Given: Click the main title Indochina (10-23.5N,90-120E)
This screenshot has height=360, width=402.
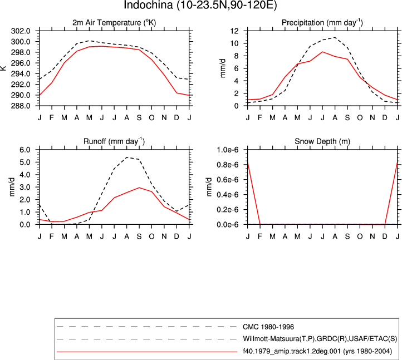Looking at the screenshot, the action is [200, 5].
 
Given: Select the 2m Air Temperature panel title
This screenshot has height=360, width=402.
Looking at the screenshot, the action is [114, 23].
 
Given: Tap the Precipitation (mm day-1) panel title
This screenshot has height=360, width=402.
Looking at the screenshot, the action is [322, 23].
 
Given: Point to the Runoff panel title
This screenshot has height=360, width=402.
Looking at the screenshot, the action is [114, 141].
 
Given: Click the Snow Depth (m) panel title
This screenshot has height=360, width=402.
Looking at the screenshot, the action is [322, 141].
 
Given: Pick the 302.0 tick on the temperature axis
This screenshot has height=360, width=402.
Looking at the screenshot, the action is [21, 31].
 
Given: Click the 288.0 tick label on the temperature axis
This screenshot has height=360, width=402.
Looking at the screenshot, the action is [21, 106].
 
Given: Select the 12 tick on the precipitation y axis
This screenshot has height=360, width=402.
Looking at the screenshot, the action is [234, 31].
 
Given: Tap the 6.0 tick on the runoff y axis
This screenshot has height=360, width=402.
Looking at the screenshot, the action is [25, 150].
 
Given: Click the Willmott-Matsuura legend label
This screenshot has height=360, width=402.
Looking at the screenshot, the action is [320, 339].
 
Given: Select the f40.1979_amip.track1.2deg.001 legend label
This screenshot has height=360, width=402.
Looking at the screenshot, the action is [317, 351].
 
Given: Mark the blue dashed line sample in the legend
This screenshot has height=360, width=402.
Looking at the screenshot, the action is [146, 339].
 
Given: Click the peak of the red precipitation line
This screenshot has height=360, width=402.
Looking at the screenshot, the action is [322, 52].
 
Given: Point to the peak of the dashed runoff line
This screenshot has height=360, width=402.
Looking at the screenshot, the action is [127, 157].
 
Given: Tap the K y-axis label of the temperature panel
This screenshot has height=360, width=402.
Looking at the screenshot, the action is [3, 68].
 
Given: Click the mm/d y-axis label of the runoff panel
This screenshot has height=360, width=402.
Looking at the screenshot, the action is [12, 187].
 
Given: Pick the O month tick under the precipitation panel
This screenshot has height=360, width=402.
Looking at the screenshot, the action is [360, 118].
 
